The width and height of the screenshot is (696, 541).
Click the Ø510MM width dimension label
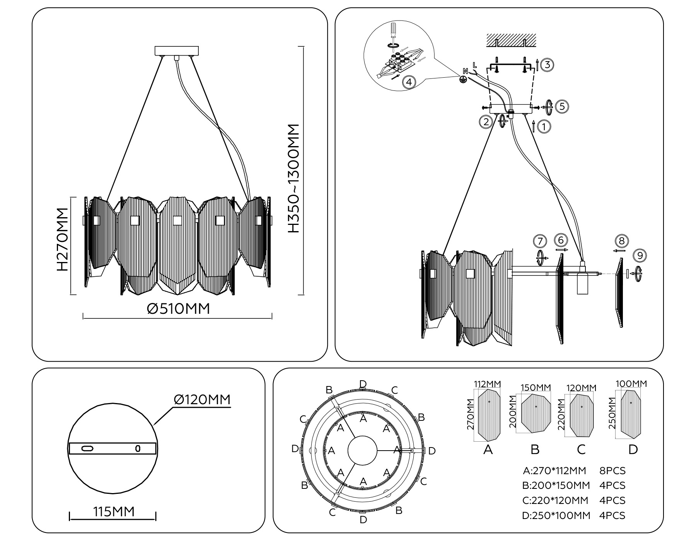pyautogui.click(x=179, y=309)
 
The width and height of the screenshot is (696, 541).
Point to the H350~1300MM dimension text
pyautogui.click(x=294, y=178)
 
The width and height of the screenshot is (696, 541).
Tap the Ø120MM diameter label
pyautogui.click(x=202, y=400)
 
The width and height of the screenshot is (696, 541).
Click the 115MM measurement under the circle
pyautogui.click(x=114, y=512)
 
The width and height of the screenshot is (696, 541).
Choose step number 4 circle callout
pyautogui.click(x=409, y=82)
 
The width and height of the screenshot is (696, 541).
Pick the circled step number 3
pyautogui.click(x=547, y=65)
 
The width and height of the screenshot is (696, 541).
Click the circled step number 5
pyautogui.click(x=562, y=107)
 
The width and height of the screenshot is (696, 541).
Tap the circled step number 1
pyautogui.click(x=544, y=126)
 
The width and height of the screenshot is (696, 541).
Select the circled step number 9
pyautogui.click(x=640, y=256)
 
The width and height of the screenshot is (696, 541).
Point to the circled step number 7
pyautogui.click(x=540, y=241)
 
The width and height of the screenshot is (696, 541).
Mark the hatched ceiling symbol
pyautogui.click(x=511, y=40)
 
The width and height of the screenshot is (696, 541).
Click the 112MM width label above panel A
pyautogui.click(x=487, y=384)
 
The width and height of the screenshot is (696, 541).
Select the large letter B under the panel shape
pyautogui.click(x=535, y=449)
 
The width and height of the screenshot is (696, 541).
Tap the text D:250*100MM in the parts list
pyautogui.click(x=556, y=515)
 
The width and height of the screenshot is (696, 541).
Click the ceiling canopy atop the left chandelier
pyautogui.click(x=177, y=51)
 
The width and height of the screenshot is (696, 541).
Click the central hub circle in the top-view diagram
pyautogui.click(x=362, y=450)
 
